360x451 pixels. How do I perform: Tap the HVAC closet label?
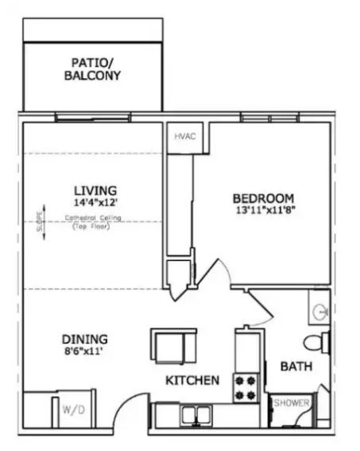[185, 136]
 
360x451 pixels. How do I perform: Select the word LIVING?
[95, 191]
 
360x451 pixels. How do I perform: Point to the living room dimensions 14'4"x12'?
[95, 203]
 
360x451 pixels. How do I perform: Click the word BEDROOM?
[263, 198]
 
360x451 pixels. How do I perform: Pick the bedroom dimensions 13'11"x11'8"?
[263, 210]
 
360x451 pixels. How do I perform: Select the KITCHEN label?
[192, 381]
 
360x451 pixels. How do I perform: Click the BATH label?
[295, 367]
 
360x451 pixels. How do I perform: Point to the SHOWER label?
[291, 403]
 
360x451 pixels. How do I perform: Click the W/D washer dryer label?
[71, 410]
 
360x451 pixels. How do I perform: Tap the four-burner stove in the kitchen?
[245, 387]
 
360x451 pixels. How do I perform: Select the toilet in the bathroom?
[317, 343]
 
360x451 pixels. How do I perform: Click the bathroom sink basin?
[321, 310]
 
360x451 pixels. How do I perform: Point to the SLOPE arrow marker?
[41, 216]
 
